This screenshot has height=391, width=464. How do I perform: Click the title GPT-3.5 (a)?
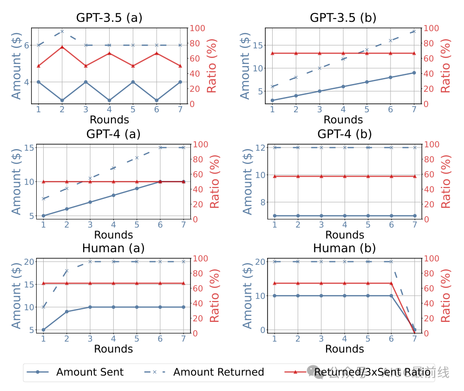click(x=109, y=18)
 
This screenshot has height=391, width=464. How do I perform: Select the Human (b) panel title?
click(x=344, y=248)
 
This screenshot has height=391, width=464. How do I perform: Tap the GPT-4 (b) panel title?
click(x=344, y=134)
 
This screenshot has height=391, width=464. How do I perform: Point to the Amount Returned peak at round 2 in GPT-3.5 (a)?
click(x=62, y=31)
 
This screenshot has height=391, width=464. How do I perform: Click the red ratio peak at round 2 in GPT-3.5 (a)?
click(x=62, y=47)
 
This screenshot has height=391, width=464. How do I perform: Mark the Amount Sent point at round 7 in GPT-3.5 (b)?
click(x=414, y=73)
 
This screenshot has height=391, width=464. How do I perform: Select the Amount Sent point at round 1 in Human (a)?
click(x=43, y=330)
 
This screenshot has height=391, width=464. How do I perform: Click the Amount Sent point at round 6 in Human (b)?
click(x=391, y=295)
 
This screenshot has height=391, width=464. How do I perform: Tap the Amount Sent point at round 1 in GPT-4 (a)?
click(x=43, y=216)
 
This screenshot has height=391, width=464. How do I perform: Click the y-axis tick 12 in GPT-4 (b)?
click(x=260, y=147)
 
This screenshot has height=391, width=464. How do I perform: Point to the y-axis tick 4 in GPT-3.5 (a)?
click(x=26, y=82)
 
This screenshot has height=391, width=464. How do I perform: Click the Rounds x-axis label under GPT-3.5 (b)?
click(x=343, y=120)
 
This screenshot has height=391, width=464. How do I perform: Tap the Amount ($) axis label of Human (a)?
click(x=16, y=295)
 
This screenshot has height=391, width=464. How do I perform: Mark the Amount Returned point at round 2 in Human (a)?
click(x=66, y=271)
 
